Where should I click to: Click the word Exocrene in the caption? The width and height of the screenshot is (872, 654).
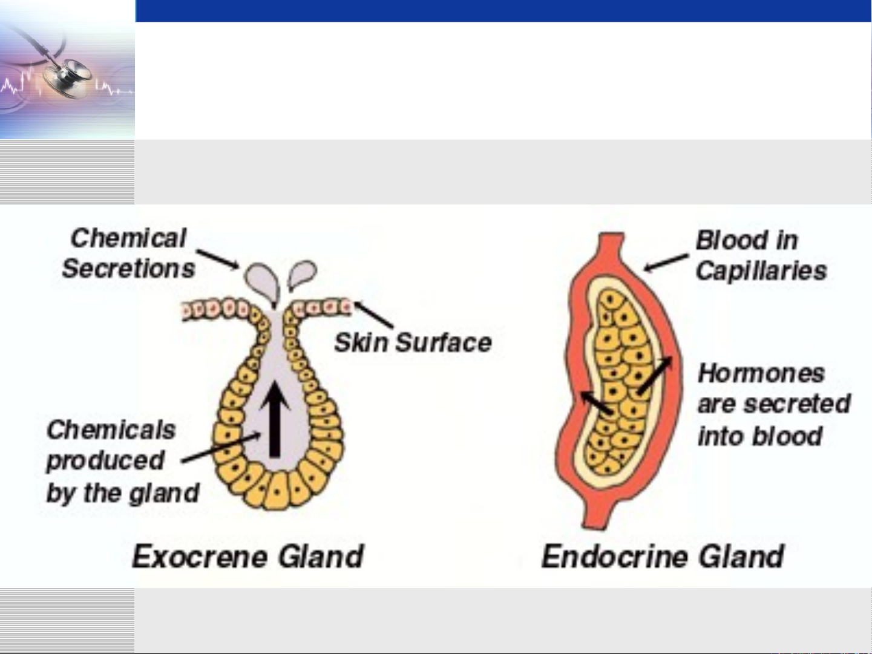pyautogui.click(x=200, y=557)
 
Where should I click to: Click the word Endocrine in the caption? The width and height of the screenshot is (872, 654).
pyautogui.click(x=614, y=557)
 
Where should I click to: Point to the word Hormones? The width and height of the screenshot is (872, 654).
pyautogui.click(x=761, y=374)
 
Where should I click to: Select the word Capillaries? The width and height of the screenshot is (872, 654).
pyautogui.click(x=761, y=272)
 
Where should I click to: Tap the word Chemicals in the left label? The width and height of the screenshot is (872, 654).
pyautogui.click(x=111, y=430)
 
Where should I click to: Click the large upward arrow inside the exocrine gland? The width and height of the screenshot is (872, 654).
pyautogui.click(x=275, y=419)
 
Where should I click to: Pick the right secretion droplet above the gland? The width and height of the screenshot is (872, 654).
pyautogui.click(x=302, y=274)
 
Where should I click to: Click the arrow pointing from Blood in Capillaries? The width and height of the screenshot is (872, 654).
pyautogui.click(x=666, y=263)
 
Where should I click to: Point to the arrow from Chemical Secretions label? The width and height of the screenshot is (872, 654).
pyautogui.click(x=218, y=259)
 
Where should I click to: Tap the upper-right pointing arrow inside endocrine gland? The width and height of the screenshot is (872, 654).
pyautogui.click(x=655, y=375)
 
